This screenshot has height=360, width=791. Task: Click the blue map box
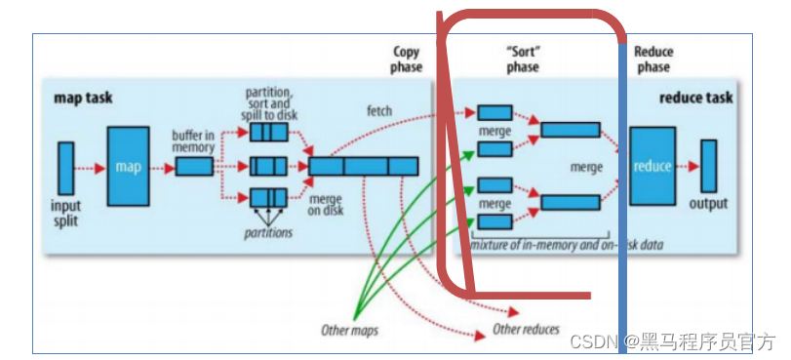pyautogui.click(x=128, y=167)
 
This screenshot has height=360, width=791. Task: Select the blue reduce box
pyautogui.click(x=653, y=166)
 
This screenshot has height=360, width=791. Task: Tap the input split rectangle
pyautogui.click(x=65, y=168)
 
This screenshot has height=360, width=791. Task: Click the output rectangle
pyautogui.click(x=708, y=167)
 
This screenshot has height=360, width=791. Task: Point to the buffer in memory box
pyautogui.click(x=194, y=167)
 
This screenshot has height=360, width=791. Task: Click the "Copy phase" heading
pyautogui.click(x=407, y=60)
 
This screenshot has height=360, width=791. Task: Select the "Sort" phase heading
pyautogui.click(x=523, y=60)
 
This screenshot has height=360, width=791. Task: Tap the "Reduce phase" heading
pyautogui.click(x=653, y=60)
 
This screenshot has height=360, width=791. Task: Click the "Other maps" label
pyautogui.click(x=349, y=330)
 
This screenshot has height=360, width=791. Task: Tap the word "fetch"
pyautogui.click(x=379, y=111)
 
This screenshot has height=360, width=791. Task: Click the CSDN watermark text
pyautogui.click(x=672, y=341)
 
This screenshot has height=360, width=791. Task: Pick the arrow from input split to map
pyautogui.click(x=90, y=168)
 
